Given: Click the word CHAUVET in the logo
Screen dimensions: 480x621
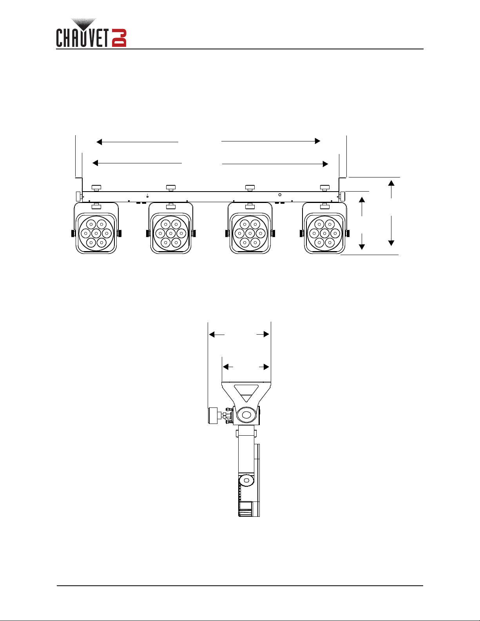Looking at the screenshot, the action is [83, 38].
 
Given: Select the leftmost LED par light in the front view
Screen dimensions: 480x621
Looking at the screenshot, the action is [96, 228].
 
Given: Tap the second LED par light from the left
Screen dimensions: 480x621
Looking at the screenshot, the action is [171, 228].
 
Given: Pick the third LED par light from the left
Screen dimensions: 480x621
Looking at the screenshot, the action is [250, 228].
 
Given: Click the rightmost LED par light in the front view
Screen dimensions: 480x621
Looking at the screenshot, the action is [324, 228].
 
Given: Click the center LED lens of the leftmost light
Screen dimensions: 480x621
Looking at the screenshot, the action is [96, 234].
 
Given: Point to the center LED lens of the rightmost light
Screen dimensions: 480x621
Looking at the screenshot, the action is [324, 234].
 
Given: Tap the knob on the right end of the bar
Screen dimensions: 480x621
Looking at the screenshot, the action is [342, 196].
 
